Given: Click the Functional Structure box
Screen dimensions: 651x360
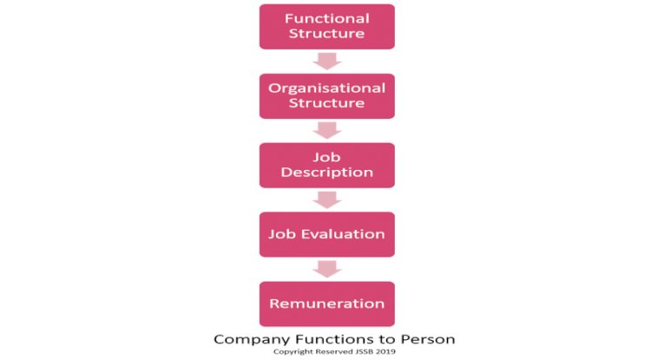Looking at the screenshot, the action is pyautogui.click(x=327, y=27).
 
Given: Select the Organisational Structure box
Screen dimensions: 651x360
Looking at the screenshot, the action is pyautogui.click(x=327, y=96).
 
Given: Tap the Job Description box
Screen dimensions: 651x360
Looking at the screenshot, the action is pyautogui.click(x=327, y=166).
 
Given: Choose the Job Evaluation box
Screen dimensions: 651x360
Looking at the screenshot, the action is pyautogui.click(x=327, y=234).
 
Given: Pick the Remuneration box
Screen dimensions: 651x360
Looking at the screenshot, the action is pyautogui.click(x=327, y=304).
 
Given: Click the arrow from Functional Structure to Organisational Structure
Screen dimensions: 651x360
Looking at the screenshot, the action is pyautogui.click(x=327, y=62).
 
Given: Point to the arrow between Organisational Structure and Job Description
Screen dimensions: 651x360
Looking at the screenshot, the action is pyautogui.click(x=327, y=131).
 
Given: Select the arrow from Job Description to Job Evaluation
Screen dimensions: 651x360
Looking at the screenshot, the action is pyautogui.click(x=327, y=200).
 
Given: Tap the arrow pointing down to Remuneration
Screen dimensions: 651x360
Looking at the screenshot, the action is pyautogui.click(x=327, y=269).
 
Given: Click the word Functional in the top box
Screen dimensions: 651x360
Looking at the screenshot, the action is pyautogui.click(x=327, y=19).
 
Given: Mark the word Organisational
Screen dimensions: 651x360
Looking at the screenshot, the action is pyautogui.click(x=327, y=88).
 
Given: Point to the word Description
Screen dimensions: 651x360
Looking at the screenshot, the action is pyautogui.click(x=327, y=173).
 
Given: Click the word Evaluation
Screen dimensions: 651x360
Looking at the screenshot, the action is pyautogui.click(x=343, y=234).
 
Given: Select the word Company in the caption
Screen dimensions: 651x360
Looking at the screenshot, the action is pyautogui.click(x=252, y=340).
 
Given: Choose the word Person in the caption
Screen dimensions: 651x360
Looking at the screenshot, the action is pyautogui.click(x=428, y=339).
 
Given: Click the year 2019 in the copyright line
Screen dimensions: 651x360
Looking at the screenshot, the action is pyautogui.click(x=386, y=351).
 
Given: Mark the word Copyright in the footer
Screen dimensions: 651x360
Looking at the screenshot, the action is pyautogui.click(x=293, y=352).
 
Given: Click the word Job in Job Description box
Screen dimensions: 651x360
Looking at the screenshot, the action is pyautogui.click(x=326, y=158).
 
